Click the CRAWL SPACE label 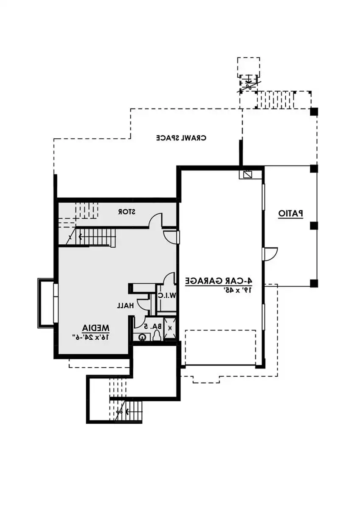[x=181, y=138]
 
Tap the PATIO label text [x=291, y=214]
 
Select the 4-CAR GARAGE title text [x=219, y=281]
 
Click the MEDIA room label [x=96, y=328]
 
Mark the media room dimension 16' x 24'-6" [x=91, y=337]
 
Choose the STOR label [x=127, y=212]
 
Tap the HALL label [x=125, y=306]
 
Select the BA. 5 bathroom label [x=153, y=326]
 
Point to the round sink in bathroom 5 [x=142, y=338]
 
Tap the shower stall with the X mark [x=170, y=328]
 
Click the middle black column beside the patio [x=314, y=226]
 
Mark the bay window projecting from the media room [x=47, y=303]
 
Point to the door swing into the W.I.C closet [x=169, y=279]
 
